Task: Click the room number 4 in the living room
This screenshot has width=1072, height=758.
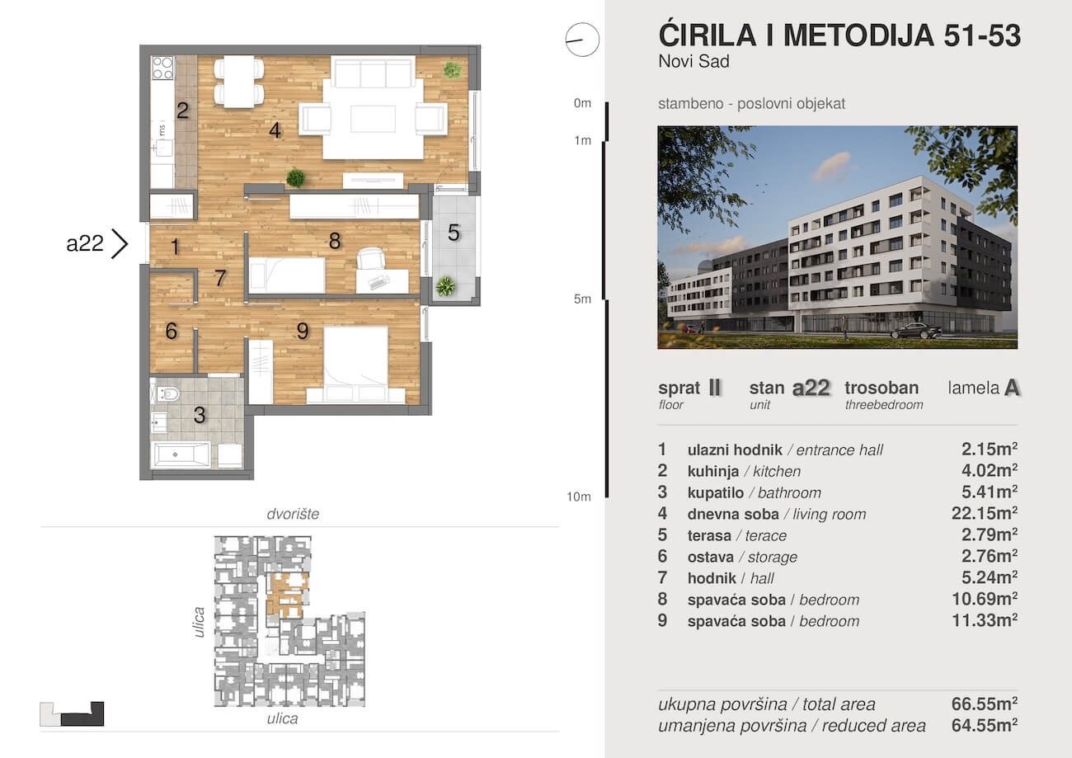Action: point(275,129)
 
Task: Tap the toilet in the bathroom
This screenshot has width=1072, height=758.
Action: point(168,394)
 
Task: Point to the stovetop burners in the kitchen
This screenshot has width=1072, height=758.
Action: point(162,68)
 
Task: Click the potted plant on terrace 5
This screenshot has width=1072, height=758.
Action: point(445,286)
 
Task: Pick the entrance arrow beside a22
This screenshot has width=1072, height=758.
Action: point(120,244)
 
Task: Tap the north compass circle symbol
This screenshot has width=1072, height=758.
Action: point(581,40)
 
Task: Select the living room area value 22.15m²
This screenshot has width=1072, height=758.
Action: point(989,514)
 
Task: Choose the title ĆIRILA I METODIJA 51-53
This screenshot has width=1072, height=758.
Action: point(839,35)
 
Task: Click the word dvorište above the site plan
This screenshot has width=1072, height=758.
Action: point(293,514)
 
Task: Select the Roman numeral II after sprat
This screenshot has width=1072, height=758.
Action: point(714,388)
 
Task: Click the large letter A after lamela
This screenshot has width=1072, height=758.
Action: point(1012,388)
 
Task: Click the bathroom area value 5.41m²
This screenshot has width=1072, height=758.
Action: point(989,492)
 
